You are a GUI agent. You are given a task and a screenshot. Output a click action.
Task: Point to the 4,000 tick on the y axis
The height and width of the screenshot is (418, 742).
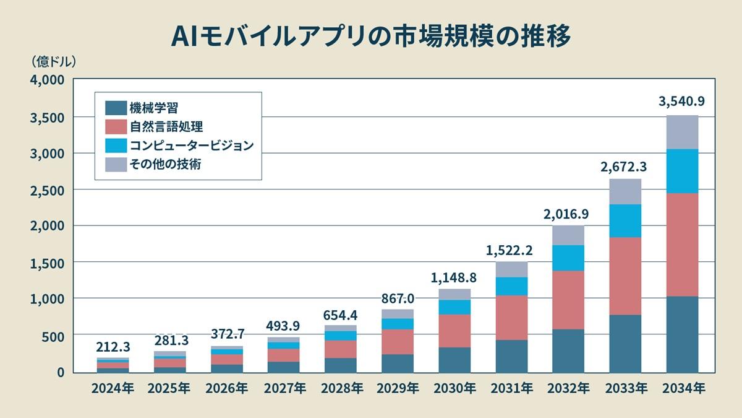[x=47, y=81]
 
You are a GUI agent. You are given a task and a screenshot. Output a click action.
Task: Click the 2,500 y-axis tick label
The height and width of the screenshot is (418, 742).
[x=47, y=190]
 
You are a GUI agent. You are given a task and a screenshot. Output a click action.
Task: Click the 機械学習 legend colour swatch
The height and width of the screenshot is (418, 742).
[x=116, y=108]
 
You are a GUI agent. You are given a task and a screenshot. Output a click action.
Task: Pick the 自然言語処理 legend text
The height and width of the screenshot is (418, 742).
[x=166, y=127]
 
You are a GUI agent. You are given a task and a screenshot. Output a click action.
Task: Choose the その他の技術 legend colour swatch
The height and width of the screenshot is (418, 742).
[x=116, y=164]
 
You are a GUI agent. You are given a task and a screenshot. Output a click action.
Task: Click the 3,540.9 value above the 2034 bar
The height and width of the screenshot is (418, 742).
[x=682, y=102]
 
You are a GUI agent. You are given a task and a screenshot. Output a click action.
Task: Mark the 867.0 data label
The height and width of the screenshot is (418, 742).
[x=398, y=298]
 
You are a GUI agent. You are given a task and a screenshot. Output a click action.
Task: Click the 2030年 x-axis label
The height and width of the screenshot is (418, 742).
[x=454, y=389]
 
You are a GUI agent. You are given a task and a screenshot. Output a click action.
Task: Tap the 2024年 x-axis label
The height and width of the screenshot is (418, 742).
[x=113, y=389]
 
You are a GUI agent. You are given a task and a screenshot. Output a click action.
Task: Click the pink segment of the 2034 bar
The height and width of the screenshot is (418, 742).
[x=682, y=245]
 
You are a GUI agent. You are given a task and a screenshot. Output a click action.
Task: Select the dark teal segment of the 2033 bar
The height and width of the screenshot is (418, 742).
[x=625, y=344]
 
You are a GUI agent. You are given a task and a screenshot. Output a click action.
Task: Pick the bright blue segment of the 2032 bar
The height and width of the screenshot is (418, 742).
[x=568, y=258]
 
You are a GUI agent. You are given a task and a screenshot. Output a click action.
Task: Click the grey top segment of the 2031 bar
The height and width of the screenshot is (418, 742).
[x=511, y=269]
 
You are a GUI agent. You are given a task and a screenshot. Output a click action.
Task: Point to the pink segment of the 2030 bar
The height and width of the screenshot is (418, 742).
[x=454, y=331]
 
